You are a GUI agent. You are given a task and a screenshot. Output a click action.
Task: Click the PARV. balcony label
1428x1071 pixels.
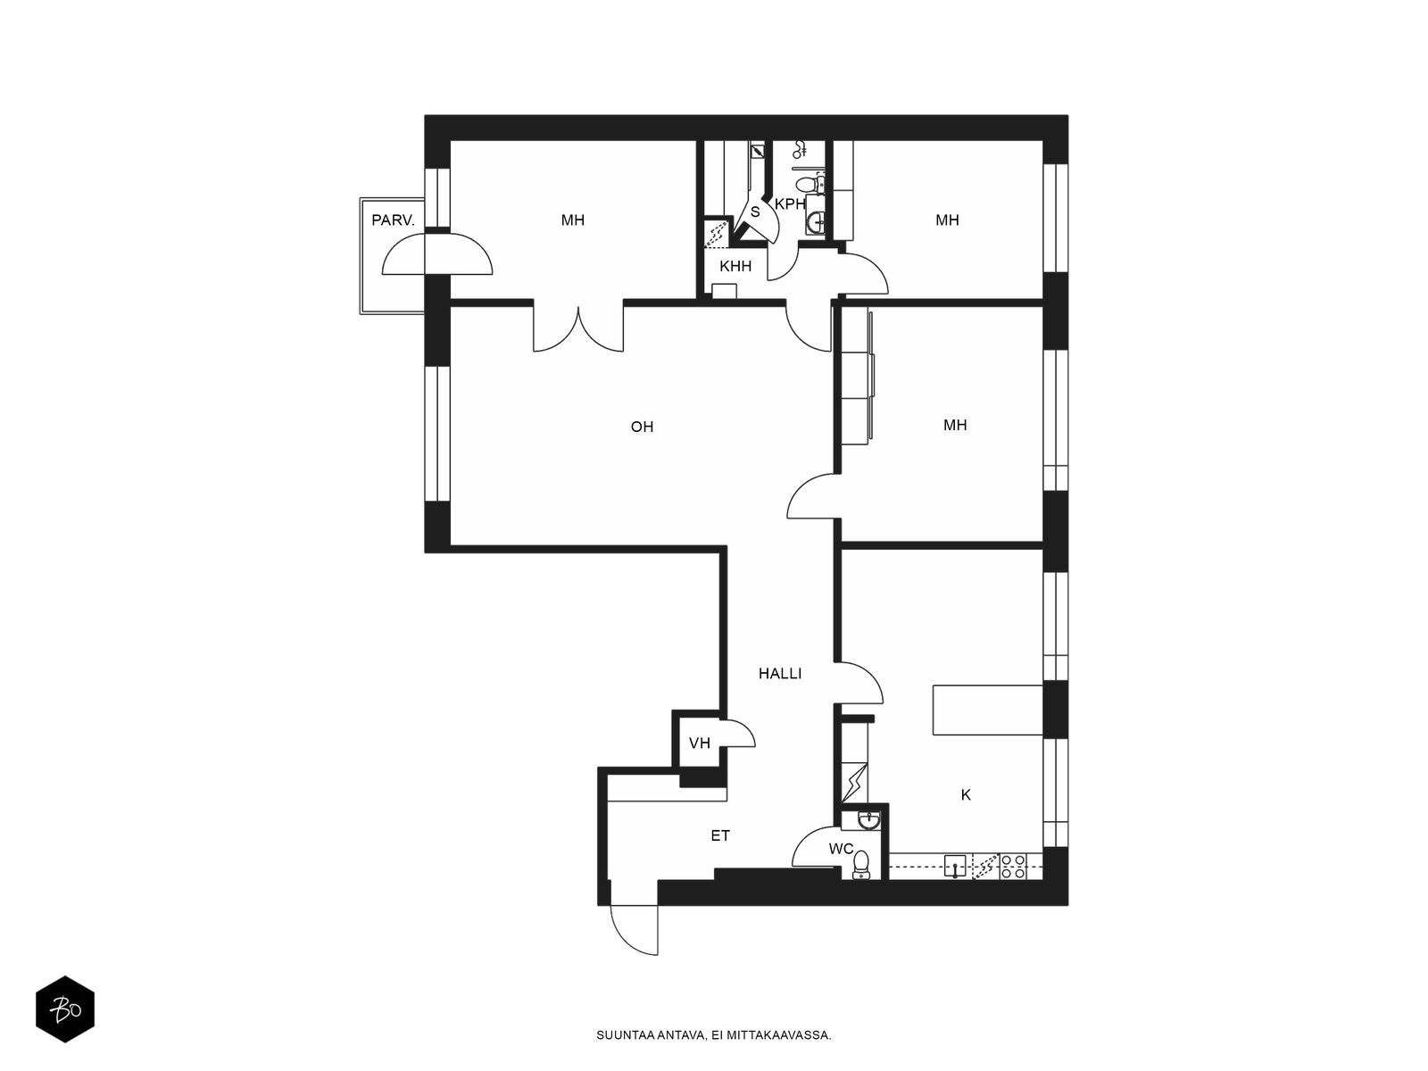[x=393, y=220]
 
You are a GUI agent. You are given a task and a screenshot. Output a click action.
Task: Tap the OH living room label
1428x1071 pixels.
[x=642, y=427]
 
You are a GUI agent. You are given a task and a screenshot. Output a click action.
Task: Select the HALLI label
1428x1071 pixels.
[x=779, y=674]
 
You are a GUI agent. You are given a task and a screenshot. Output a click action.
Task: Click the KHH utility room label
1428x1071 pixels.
[x=735, y=266]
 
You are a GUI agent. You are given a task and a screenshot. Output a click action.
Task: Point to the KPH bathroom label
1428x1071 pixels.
[x=790, y=204]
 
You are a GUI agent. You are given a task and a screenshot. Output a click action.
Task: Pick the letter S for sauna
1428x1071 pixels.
[x=755, y=212]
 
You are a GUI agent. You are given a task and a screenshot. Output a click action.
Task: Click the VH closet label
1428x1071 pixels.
[x=700, y=743]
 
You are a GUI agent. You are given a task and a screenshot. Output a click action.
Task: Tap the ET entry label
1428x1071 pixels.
[x=720, y=835]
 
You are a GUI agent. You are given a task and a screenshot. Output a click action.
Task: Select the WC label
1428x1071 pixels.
[x=841, y=849]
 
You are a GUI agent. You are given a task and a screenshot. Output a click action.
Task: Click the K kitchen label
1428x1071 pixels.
[x=966, y=794]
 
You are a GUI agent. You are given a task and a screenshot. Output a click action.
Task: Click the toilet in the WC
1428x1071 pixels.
[x=861, y=865]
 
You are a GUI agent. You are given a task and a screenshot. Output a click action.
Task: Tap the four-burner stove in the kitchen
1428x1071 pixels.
[x=1013, y=867]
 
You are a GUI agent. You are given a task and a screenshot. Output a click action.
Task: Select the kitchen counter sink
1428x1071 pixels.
[x=954, y=867]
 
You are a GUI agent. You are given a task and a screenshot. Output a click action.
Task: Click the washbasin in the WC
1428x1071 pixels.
[x=868, y=821]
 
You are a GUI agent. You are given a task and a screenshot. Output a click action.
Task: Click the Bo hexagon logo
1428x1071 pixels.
[x=65, y=1009]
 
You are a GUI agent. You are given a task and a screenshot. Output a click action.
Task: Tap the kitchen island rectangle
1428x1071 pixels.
[x=988, y=710]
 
